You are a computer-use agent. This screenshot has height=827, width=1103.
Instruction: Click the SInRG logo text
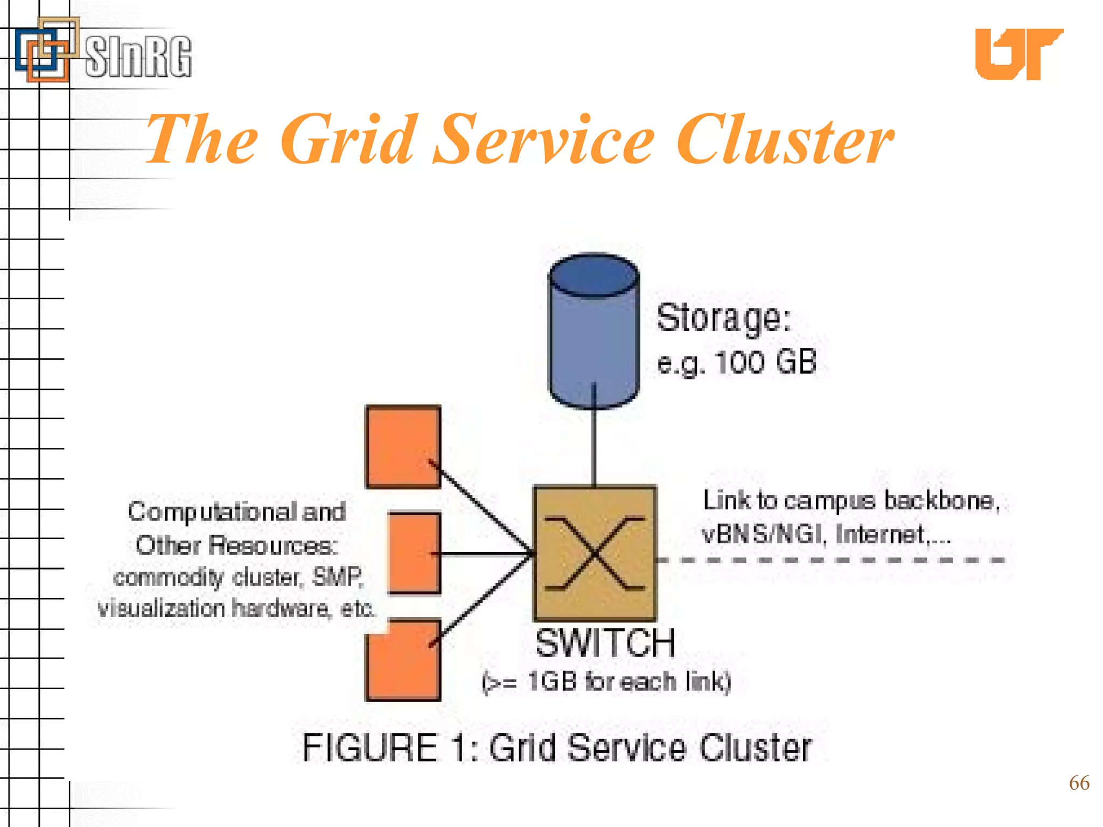click(x=138, y=56)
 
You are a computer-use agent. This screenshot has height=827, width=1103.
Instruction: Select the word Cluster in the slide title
click(x=784, y=140)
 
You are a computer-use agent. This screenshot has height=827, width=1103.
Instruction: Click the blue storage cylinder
click(x=594, y=334)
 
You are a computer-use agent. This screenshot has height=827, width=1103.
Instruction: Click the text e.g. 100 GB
click(x=737, y=362)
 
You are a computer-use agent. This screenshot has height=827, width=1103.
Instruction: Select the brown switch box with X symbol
click(x=595, y=553)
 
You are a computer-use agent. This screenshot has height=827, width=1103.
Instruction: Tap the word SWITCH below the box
click(x=605, y=643)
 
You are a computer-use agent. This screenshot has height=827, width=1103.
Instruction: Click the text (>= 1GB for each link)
click(x=606, y=682)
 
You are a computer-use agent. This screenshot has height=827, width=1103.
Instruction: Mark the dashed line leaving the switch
click(x=829, y=560)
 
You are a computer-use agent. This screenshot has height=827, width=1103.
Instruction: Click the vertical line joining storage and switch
click(x=594, y=447)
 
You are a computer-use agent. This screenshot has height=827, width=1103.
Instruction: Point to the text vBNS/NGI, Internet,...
click(x=826, y=535)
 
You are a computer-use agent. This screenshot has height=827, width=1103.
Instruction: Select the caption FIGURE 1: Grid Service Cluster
click(x=557, y=748)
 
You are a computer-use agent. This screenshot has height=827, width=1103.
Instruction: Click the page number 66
click(x=1079, y=783)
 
